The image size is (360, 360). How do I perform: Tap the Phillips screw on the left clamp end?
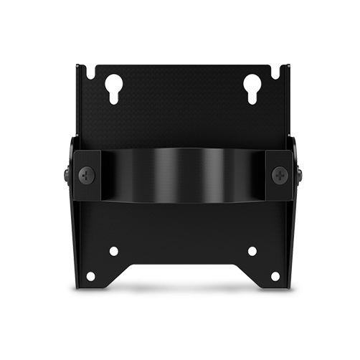87,174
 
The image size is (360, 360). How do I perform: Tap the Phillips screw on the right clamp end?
279,174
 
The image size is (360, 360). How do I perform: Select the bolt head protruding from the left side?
67,174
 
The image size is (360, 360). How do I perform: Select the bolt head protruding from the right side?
298,174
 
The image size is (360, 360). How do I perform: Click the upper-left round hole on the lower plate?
113,251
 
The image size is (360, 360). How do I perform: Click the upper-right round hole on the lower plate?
252,251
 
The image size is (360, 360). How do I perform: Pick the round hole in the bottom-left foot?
91,276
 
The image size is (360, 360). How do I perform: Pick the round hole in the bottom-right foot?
275,276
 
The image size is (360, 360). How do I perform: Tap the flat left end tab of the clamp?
89,174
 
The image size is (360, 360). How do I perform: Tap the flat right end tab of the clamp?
277,174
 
